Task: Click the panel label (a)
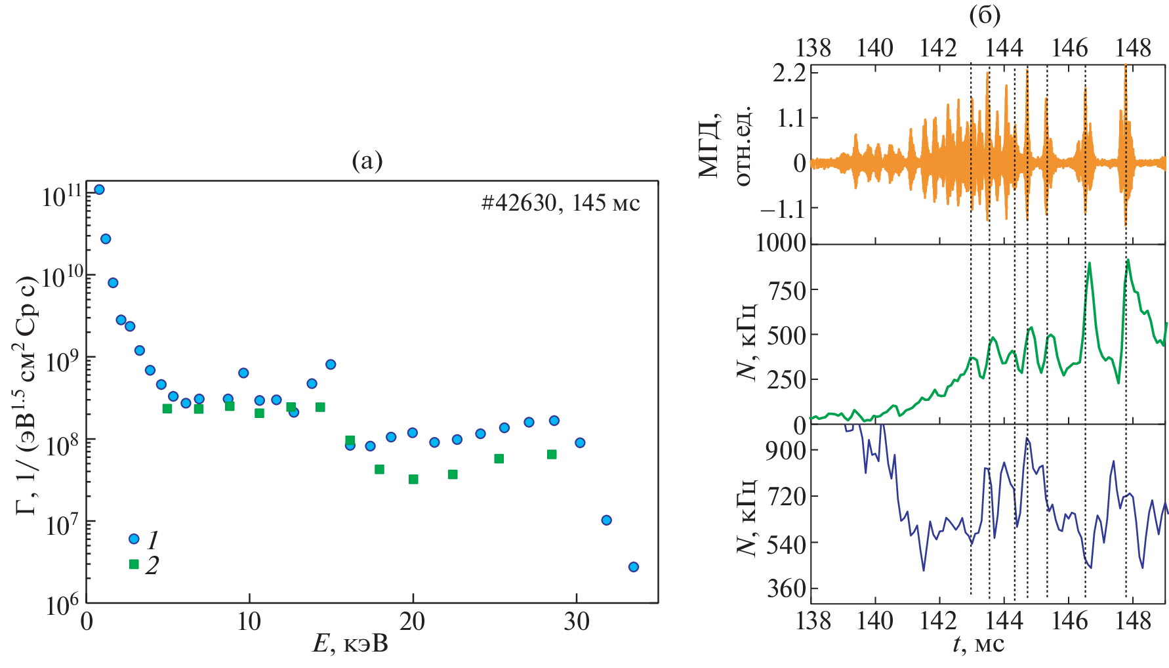(x=367, y=161)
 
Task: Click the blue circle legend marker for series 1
(x=134, y=539)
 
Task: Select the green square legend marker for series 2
(x=134, y=564)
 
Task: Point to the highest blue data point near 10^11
(x=99, y=190)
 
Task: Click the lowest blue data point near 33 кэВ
(x=633, y=567)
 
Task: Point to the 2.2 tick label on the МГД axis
(x=789, y=73)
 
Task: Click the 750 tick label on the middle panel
(x=787, y=289)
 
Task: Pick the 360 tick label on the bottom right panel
(x=787, y=589)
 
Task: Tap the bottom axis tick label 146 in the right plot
(x=1069, y=620)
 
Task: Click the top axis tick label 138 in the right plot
(x=813, y=48)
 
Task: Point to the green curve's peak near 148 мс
(x=1128, y=261)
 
